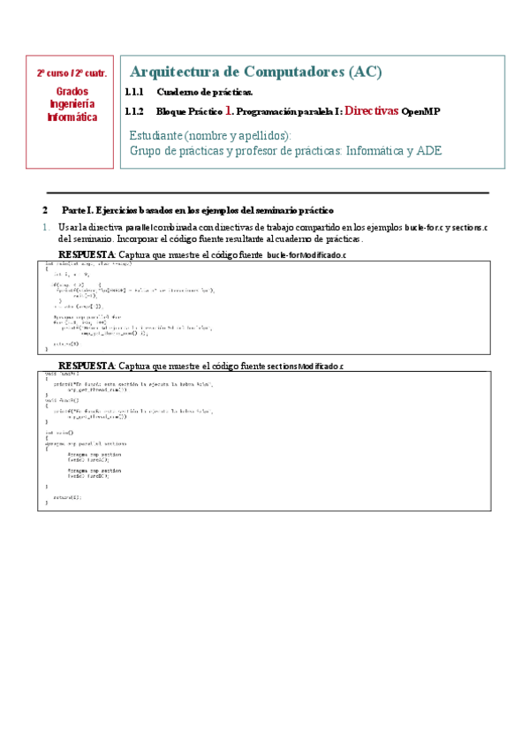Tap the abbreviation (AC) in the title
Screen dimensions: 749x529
[x=365, y=72]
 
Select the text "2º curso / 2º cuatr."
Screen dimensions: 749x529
[x=71, y=74]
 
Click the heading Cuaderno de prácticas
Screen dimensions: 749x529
[x=205, y=92]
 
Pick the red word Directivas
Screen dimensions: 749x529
[x=371, y=111]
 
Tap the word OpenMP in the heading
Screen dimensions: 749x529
[x=420, y=112]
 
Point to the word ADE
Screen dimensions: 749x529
[x=427, y=151]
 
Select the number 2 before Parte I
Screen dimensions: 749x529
[x=45, y=210]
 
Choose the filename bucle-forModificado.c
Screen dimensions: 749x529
[x=306, y=255]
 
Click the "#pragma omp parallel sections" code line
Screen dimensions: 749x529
[x=86, y=443]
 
